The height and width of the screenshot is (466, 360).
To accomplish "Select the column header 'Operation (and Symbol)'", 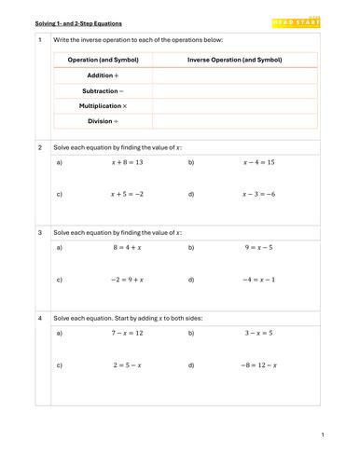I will (103, 60).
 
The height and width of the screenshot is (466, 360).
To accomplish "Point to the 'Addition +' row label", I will (117, 75).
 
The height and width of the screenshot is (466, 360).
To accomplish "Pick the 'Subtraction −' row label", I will (113, 90).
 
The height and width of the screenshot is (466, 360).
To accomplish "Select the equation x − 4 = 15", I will (258, 162).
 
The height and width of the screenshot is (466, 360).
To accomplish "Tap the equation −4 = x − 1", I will (258, 280).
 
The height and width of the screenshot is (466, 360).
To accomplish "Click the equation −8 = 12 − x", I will (258, 365).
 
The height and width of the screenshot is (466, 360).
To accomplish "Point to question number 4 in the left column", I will (40, 318).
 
